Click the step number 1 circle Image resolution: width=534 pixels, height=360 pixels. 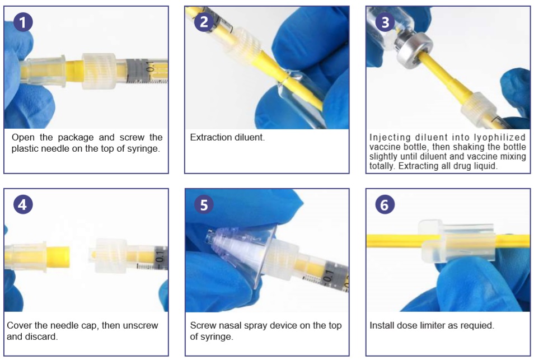pos(23,22)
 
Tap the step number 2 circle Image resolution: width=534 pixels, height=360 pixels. pos(204,22)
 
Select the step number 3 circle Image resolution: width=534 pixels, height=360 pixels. pos(385,22)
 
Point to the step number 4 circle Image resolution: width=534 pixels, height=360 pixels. pos(23,205)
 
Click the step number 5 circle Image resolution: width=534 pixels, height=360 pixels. pos(204,205)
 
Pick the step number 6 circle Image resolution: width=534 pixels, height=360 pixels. pos(385,205)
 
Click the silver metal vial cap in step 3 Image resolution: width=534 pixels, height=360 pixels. pos(413,49)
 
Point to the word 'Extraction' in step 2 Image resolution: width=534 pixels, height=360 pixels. pos(208,137)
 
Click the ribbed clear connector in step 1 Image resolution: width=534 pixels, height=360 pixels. pos(99,71)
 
